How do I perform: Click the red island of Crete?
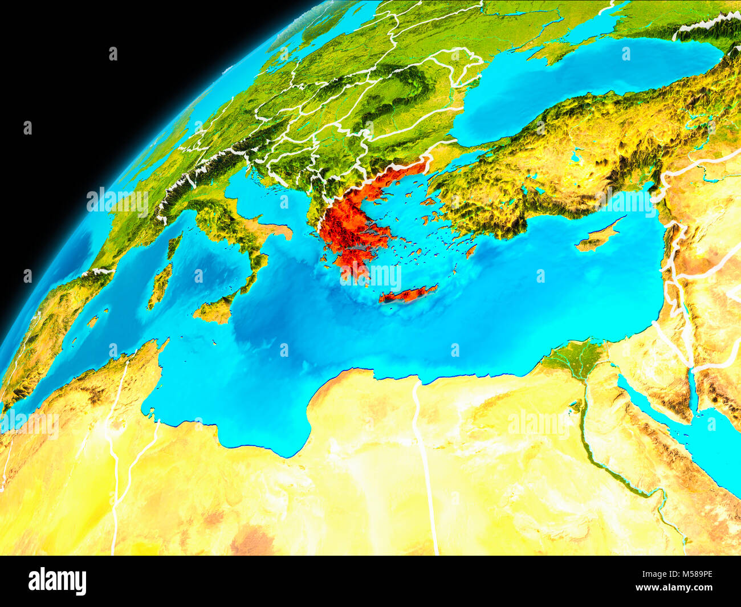[408, 294]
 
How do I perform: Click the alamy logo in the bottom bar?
[58, 581]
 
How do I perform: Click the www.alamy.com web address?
[674, 588]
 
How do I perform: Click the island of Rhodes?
[470, 251]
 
